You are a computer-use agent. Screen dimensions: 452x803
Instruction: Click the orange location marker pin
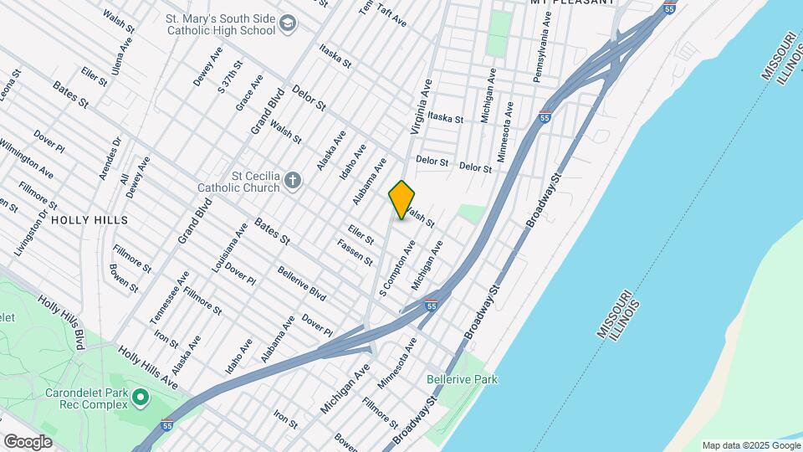point(402,199)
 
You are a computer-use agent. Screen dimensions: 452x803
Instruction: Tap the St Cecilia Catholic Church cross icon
point(292,180)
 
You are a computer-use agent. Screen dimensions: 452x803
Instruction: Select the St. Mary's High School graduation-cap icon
point(289,23)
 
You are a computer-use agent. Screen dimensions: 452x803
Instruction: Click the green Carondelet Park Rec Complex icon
point(140,396)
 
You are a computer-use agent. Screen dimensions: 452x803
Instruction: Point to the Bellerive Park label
point(462,379)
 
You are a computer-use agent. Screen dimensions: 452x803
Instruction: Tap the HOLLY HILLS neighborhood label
point(90,220)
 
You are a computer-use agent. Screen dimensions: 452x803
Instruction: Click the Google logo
point(28,441)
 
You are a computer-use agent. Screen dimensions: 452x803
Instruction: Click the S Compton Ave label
point(398,269)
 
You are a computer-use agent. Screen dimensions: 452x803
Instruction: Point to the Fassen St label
point(355,252)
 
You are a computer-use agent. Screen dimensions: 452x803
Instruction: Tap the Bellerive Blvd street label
point(301,284)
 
